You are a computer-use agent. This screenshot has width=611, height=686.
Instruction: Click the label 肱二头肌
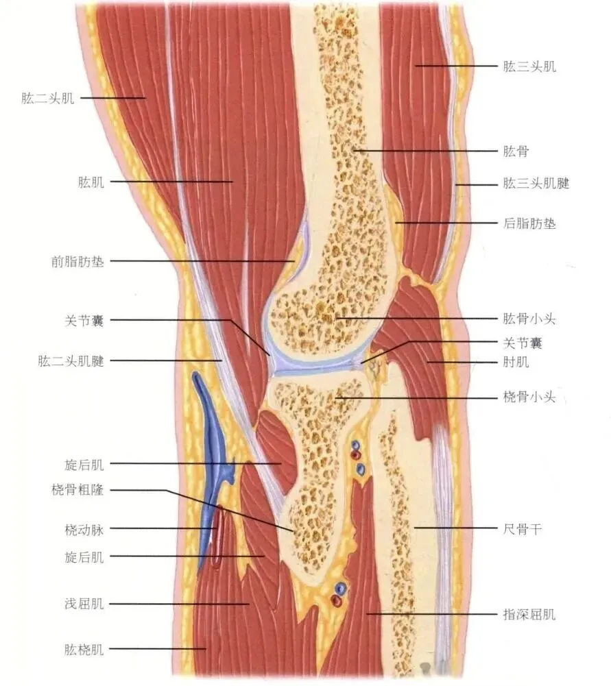click(x=47, y=98)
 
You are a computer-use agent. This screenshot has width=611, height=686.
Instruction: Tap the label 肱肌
click(x=91, y=182)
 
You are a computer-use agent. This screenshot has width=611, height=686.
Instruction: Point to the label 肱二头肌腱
click(x=71, y=360)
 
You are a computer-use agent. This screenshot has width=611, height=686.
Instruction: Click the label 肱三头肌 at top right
click(x=529, y=66)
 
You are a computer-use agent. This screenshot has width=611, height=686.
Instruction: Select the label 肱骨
click(x=516, y=150)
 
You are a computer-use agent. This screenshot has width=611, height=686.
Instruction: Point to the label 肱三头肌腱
click(x=536, y=184)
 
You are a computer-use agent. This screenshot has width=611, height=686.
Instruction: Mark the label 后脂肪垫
click(x=529, y=223)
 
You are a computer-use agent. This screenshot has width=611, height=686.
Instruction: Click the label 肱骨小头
click(x=529, y=319)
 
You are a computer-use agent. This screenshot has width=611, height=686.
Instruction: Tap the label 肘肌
click(x=516, y=362)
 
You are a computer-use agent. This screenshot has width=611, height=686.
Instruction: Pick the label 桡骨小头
click(x=529, y=397)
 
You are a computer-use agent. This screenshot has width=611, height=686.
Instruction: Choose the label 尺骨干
click(x=523, y=528)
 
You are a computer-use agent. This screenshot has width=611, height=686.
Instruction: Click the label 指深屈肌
click(x=529, y=615)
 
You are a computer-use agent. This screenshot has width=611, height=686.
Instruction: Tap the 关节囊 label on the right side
click(x=523, y=342)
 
